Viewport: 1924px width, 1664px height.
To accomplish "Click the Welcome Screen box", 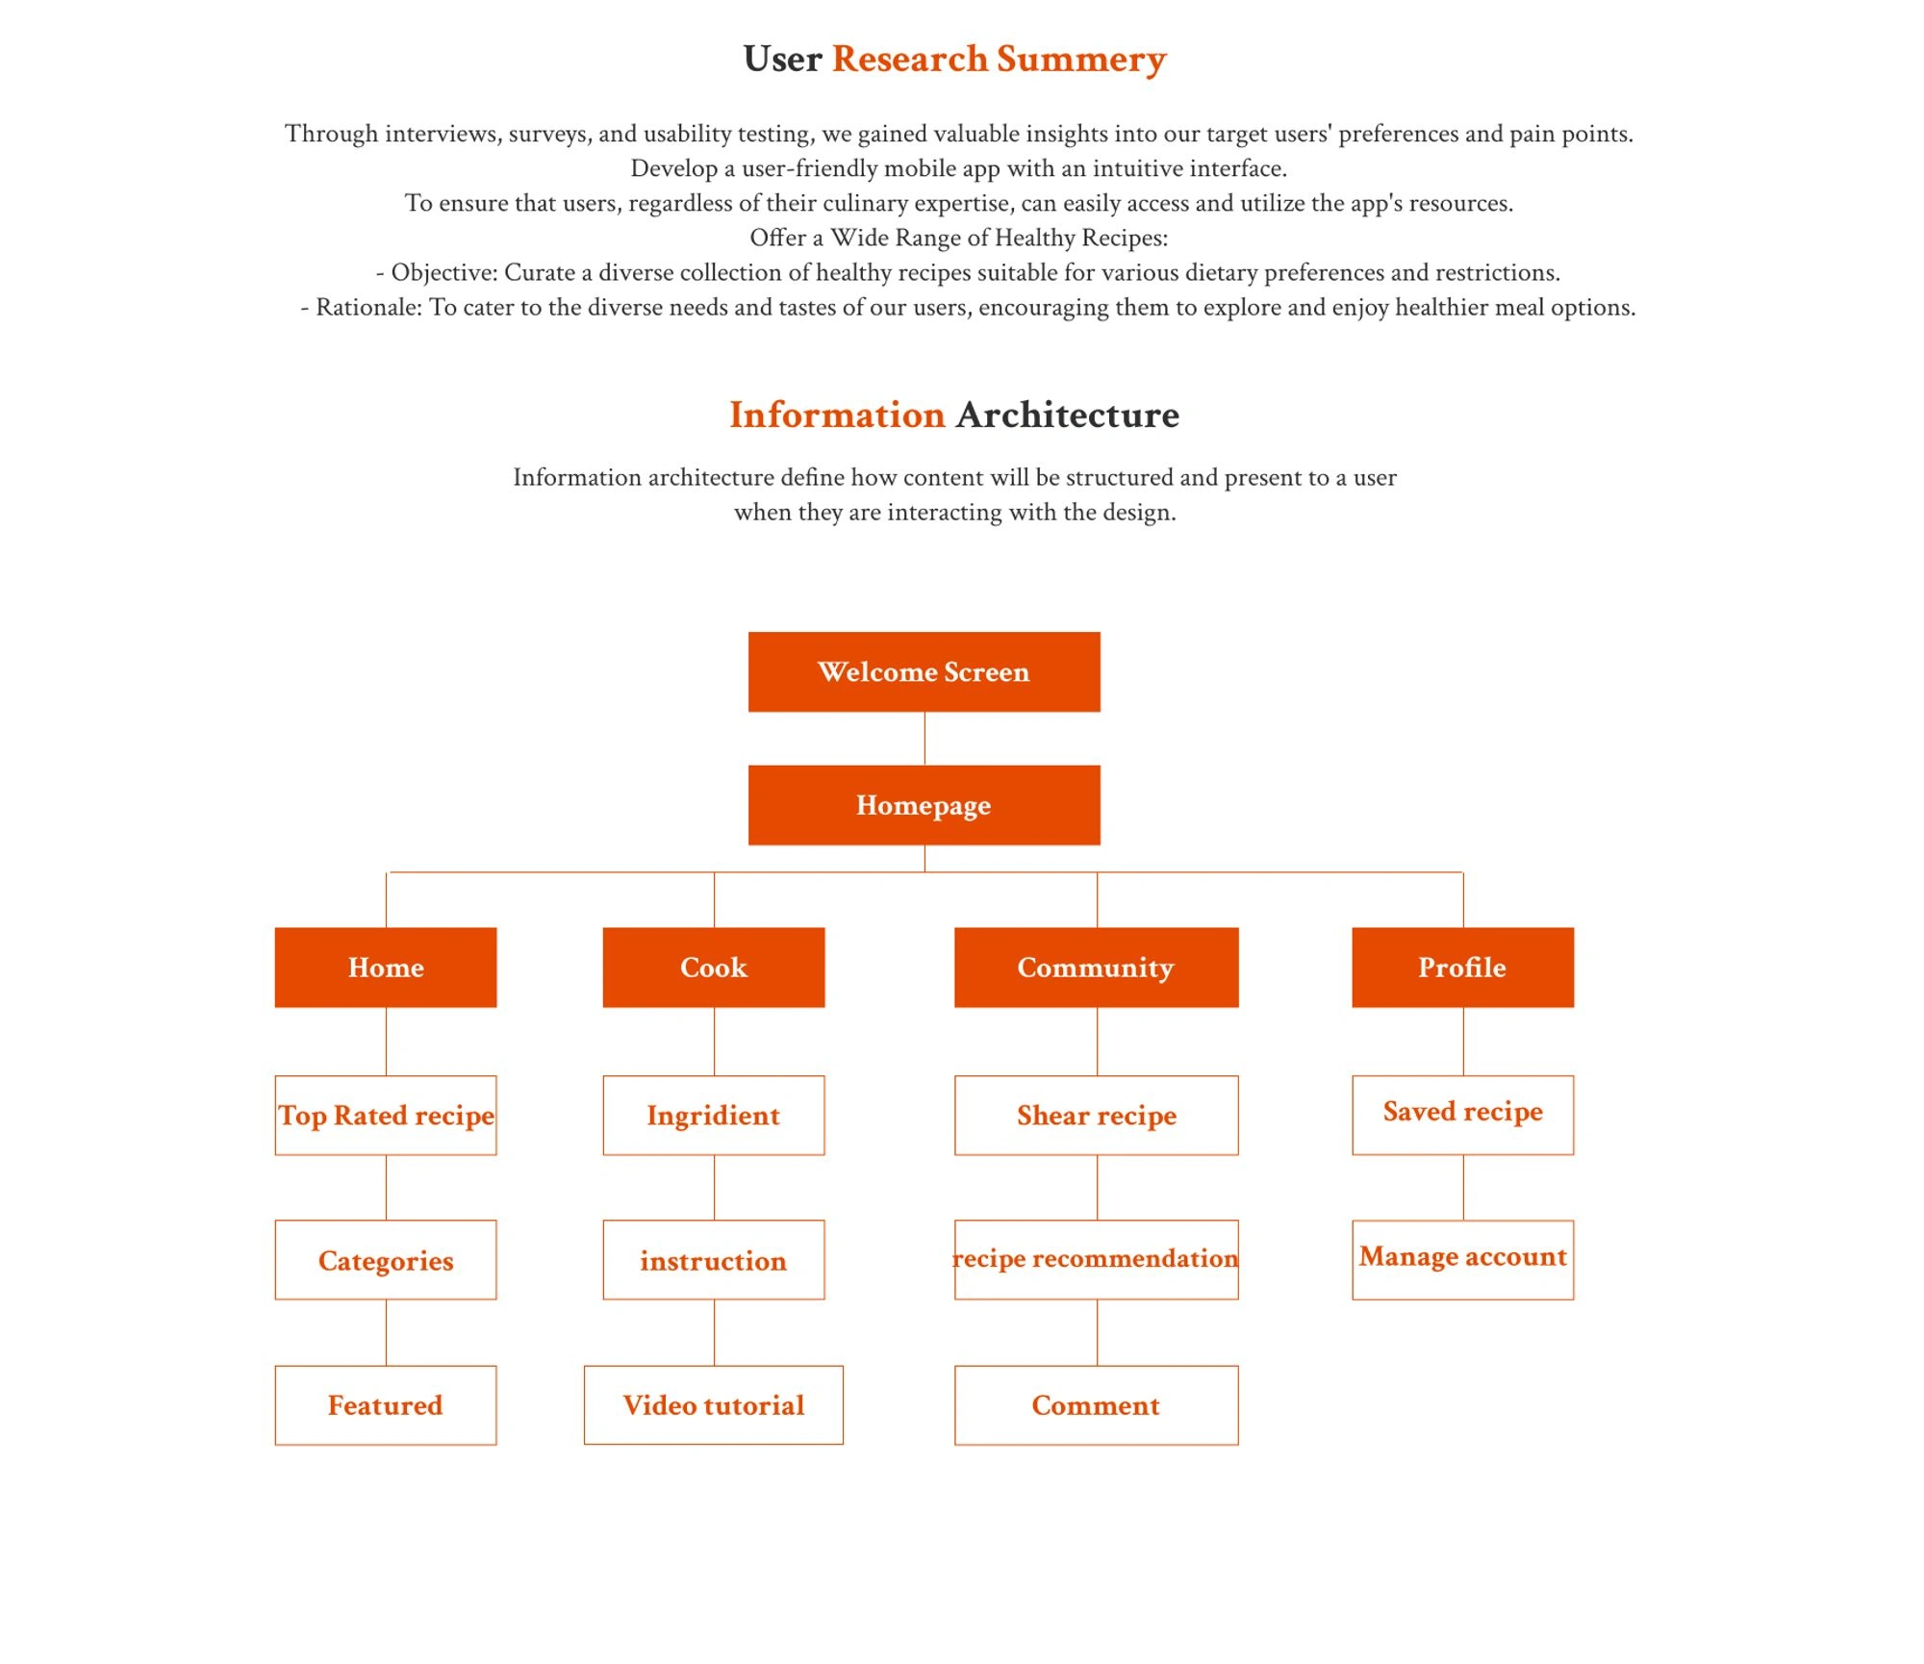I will click(924, 671).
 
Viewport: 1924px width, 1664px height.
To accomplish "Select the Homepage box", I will click(924, 805).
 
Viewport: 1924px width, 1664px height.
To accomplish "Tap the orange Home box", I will click(386, 967).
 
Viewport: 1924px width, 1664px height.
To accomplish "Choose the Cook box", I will click(713, 967).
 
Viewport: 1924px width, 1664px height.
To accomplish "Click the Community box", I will click(1096, 967).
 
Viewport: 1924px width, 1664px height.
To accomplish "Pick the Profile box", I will click(1462, 967).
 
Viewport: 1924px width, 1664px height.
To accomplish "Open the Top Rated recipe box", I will click(386, 1115).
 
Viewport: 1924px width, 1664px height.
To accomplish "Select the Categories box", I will click(386, 1260).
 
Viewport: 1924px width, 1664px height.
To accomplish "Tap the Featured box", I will click(386, 1404).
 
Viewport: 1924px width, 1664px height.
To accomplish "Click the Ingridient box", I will click(713, 1115).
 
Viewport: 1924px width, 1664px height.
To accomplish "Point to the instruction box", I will click(713, 1260).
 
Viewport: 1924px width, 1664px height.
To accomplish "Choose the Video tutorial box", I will click(713, 1404).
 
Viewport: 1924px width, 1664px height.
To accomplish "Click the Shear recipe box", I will click(1096, 1115).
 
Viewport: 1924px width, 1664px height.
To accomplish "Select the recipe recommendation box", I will click(1096, 1260).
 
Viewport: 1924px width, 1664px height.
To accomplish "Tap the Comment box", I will click(1096, 1404).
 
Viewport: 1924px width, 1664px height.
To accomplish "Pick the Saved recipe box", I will click(1462, 1114).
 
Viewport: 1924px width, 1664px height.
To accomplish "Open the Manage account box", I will click(1462, 1259).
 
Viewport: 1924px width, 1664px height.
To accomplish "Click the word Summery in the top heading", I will click(1081, 60).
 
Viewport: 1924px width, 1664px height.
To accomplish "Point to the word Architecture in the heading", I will click(1067, 415).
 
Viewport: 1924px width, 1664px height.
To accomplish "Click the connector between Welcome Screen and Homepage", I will click(924, 739).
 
